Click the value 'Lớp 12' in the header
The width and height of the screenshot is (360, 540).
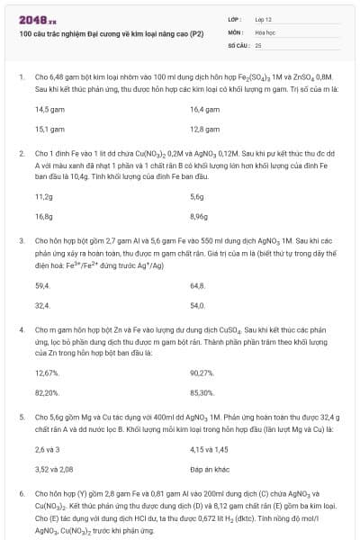(265, 19)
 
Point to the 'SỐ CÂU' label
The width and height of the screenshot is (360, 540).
(238, 44)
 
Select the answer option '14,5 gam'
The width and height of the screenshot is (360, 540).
(51, 109)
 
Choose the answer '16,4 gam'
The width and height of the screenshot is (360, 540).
(206, 109)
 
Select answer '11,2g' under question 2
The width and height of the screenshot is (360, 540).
(44, 196)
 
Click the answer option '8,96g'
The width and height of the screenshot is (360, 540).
(201, 217)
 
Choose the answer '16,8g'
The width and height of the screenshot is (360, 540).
(44, 217)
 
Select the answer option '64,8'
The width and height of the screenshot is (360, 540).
(198, 285)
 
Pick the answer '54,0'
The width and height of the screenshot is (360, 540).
(198, 305)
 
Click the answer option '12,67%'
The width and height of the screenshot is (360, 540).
(48, 373)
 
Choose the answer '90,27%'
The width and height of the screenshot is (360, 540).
(202, 373)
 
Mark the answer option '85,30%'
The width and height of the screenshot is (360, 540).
(202, 393)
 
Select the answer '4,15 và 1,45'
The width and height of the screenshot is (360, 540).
(210, 449)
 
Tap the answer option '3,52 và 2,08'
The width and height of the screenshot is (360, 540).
(54, 470)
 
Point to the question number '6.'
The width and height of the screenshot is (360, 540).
(21, 494)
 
